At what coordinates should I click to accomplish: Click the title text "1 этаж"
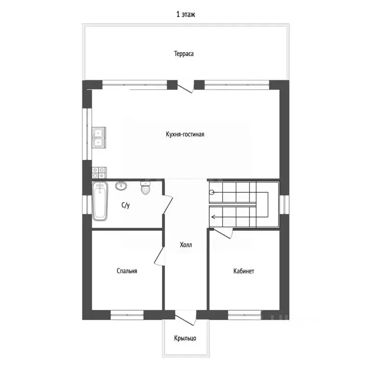185,14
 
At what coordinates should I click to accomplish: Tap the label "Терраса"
184,54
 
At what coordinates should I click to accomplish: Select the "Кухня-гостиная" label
185,135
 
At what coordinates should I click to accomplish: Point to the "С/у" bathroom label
125,205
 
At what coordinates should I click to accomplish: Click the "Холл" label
185,245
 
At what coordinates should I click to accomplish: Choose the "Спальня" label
127,271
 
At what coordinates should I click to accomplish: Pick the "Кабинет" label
244,271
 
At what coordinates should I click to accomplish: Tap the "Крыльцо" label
185,338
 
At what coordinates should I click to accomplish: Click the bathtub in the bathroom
100,201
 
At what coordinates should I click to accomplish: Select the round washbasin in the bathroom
121,185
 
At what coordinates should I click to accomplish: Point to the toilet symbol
145,187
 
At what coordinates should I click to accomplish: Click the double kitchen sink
99,137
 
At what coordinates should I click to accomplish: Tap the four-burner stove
99,173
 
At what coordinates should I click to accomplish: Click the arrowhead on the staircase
213,217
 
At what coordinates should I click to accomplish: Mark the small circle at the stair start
212,192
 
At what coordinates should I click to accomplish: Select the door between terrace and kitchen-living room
185,87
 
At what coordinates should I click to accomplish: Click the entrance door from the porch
185,318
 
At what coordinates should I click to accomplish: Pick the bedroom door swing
159,257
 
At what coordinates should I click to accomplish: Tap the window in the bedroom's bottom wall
127,315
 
